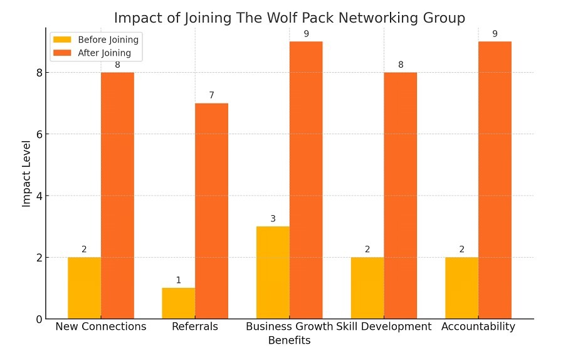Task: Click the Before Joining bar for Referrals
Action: pyautogui.click(x=178, y=303)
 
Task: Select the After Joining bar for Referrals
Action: pyautogui.click(x=211, y=211)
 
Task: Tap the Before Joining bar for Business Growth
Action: pyautogui.click(x=273, y=272)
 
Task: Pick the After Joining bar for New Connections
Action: pyautogui.click(x=117, y=196)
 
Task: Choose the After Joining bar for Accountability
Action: pyautogui.click(x=495, y=180)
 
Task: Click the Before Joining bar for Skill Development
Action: pyautogui.click(x=367, y=288)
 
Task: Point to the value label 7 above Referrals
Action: pyautogui.click(x=211, y=95)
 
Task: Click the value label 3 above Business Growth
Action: pyautogui.click(x=273, y=219)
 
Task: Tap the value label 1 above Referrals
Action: pyautogui.click(x=178, y=280)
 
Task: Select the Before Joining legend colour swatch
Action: pyautogui.click(x=63, y=40)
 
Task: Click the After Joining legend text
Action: pyautogui.click(x=104, y=53)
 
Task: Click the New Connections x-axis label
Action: pyautogui.click(x=101, y=327)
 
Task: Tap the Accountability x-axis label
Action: pyautogui.click(x=478, y=327)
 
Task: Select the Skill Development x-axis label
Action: pyautogui.click(x=384, y=327)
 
